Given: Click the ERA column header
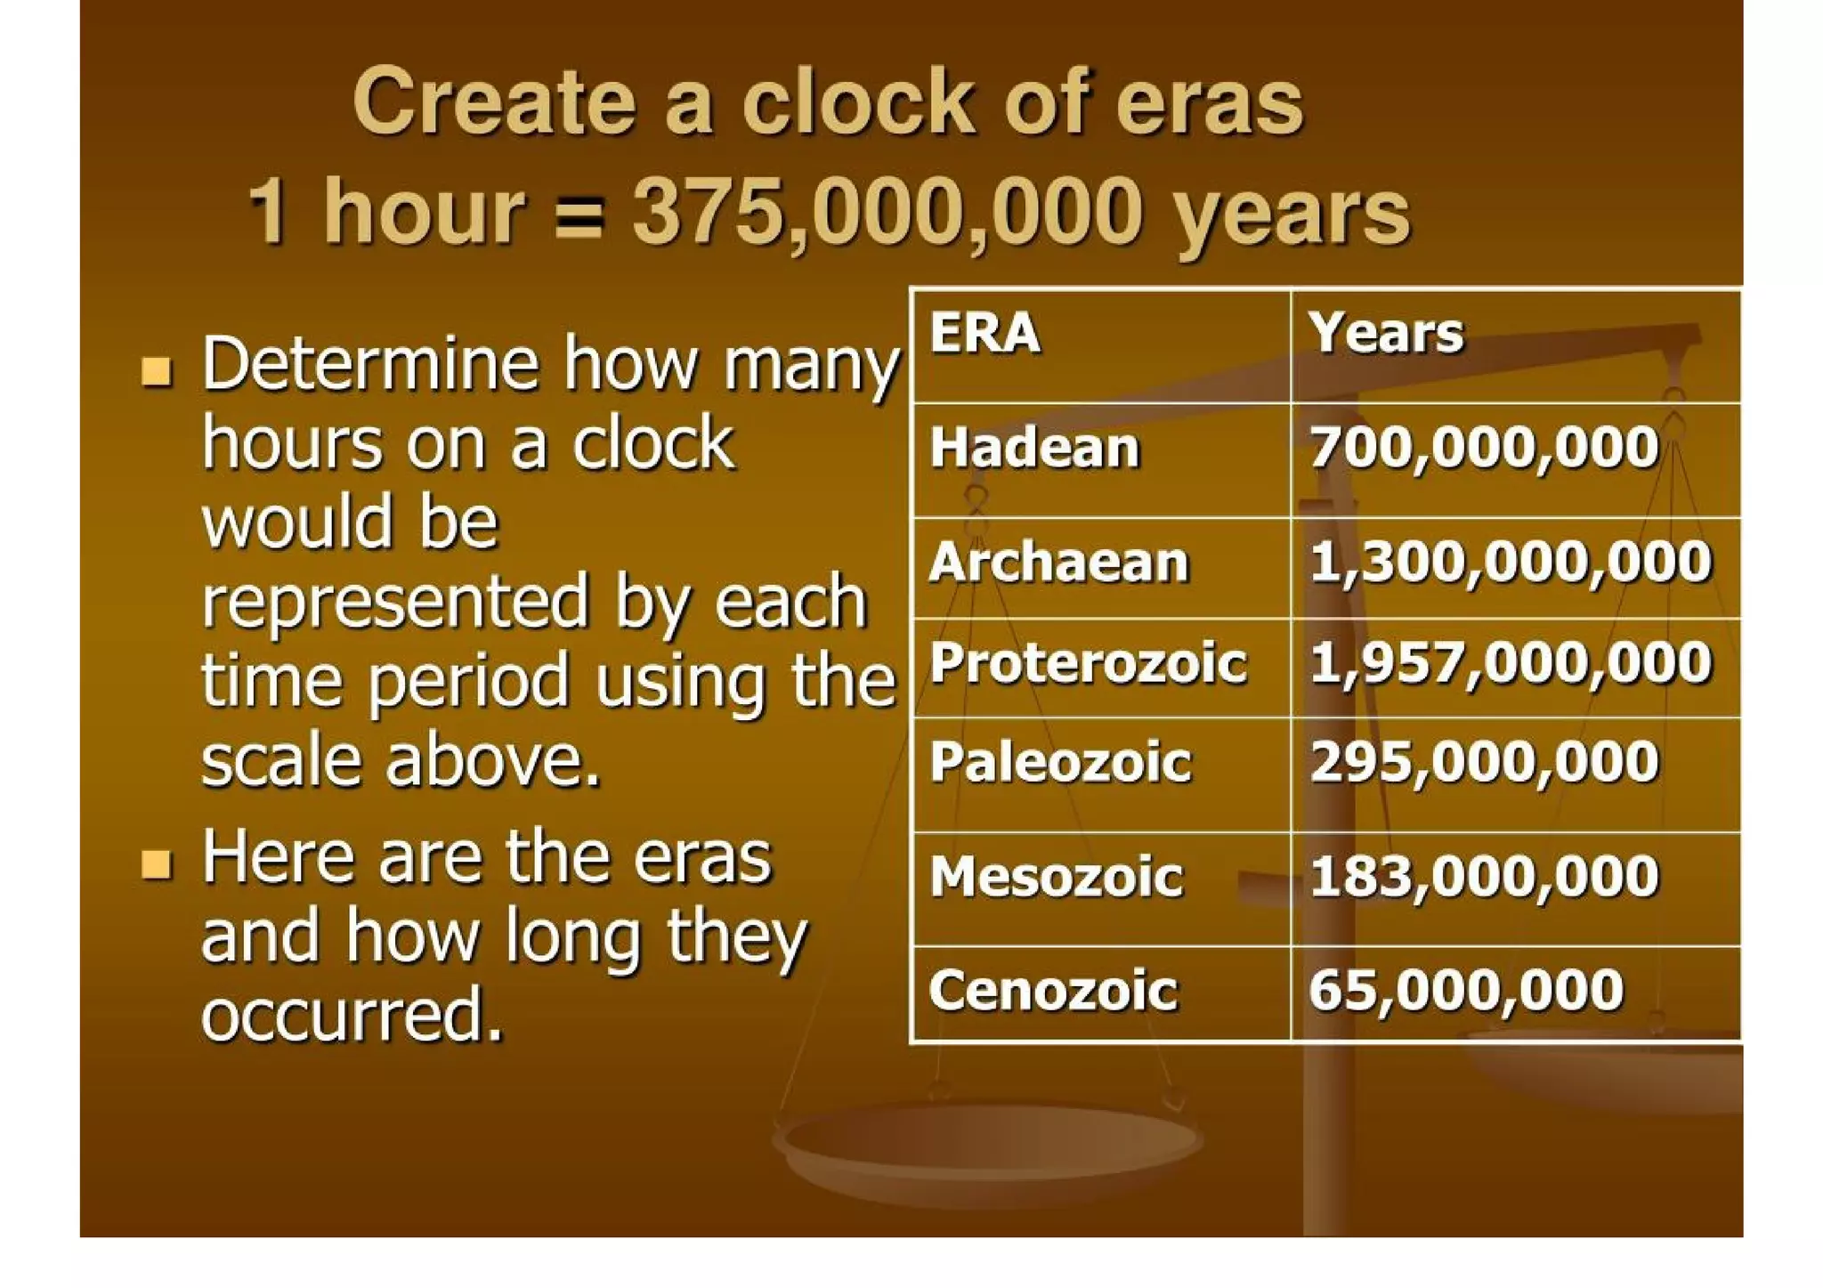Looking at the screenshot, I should click(x=984, y=334).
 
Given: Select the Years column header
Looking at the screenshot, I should click(x=1385, y=334).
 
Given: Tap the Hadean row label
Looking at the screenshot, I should click(x=1034, y=447).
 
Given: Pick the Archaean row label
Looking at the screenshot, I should click(x=1059, y=563).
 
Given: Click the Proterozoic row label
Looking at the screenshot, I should click(x=1088, y=663).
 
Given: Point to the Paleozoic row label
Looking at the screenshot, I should click(x=1060, y=763).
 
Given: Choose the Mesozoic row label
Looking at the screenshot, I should click(x=1057, y=877).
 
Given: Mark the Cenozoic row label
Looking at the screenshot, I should click(x=1053, y=991).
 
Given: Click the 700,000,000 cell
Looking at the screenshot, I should click(x=1484, y=447).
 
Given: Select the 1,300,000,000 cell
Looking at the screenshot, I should click(x=1511, y=563).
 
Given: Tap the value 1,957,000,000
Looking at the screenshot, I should click(x=1511, y=663).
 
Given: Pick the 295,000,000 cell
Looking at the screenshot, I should click(x=1484, y=763).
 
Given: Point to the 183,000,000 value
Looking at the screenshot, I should click(x=1484, y=877).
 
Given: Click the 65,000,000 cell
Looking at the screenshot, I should click(x=1466, y=991).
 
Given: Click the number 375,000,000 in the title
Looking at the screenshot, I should click(x=887, y=212).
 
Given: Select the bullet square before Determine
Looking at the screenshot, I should click(x=157, y=370).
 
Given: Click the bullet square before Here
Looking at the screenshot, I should click(x=157, y=863).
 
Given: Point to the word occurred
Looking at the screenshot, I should click(x=351, y=1015).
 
